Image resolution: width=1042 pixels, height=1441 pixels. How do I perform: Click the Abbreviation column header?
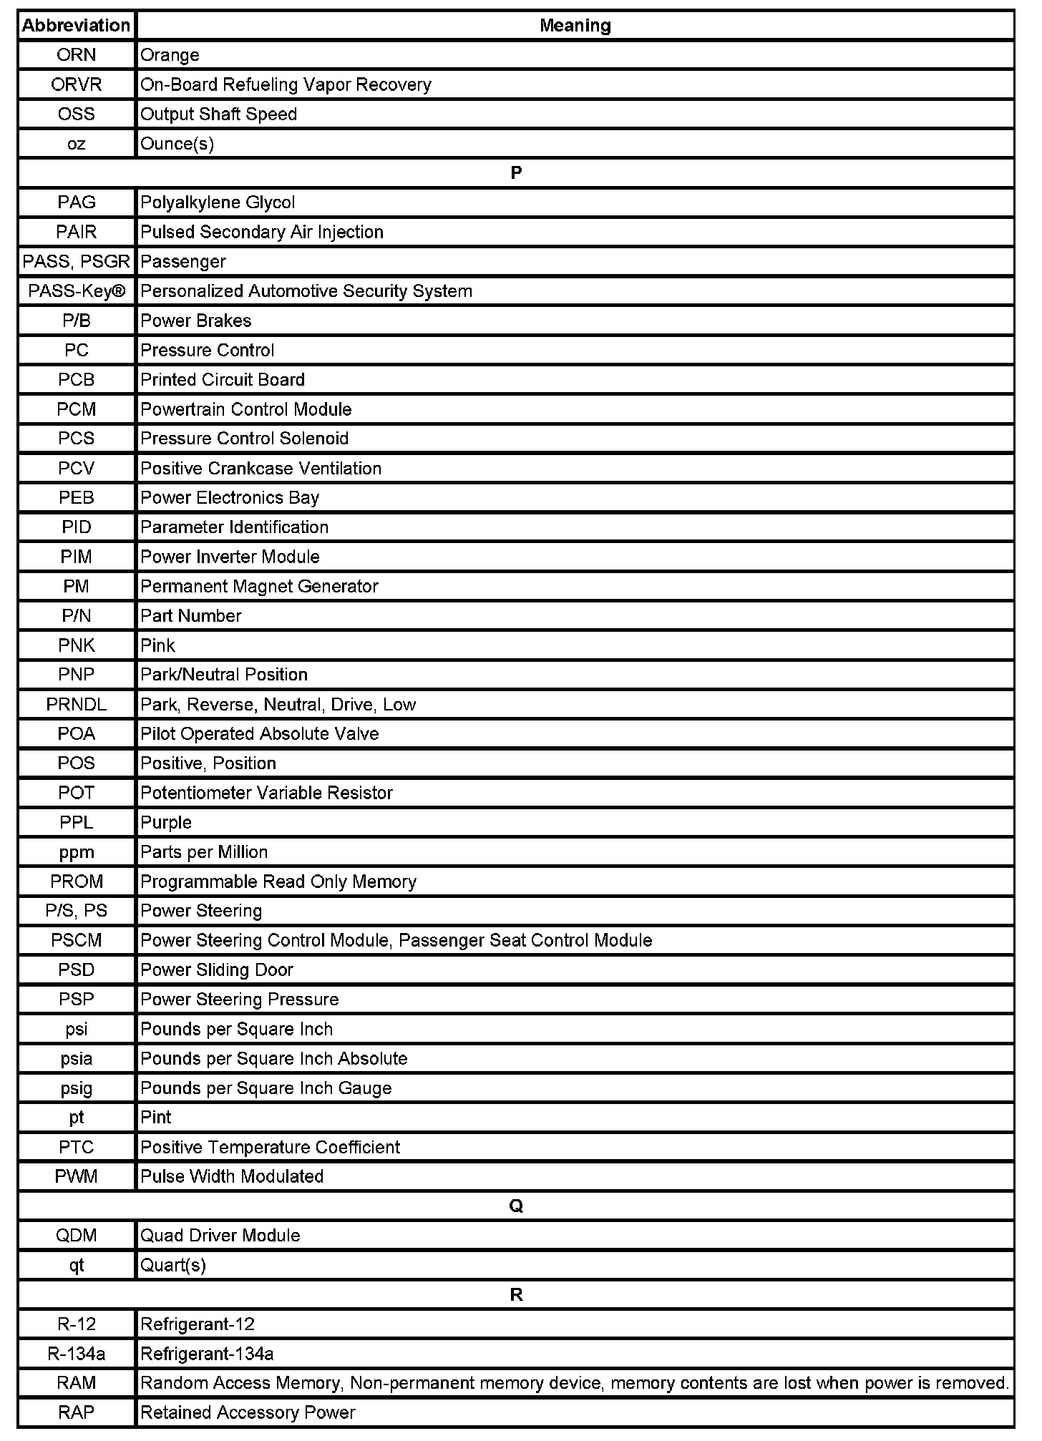click(x=76, y=26)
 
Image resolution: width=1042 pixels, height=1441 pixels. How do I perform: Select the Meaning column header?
click(x=575, y=26)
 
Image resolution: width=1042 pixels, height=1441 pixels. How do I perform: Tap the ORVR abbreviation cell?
click(x=76, y=84)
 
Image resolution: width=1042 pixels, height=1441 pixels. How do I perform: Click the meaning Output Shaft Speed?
click(x=218, y=114)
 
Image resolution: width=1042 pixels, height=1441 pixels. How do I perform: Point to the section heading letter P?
click(x=516, y=173)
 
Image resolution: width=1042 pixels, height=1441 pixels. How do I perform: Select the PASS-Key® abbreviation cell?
click(x=76, y=291)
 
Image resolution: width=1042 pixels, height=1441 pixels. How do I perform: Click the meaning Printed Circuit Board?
click(x=223, y=380)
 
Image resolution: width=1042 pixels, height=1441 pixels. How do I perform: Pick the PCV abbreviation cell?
click(x=76, y=468)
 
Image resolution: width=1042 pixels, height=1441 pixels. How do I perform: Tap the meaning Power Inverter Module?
click(x=230, y=557)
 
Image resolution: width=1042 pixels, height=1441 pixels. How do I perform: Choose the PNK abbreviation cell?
click(x=76, y=645)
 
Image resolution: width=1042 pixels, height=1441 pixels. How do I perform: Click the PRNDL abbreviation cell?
click(x=76, y=705)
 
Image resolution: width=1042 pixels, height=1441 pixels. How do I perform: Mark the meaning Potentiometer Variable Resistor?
click(x=266, y=793)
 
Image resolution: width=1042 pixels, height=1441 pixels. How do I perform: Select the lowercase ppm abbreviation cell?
click(x=76, y=852)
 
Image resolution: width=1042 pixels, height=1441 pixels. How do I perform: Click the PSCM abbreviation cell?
click(x=76, y=940)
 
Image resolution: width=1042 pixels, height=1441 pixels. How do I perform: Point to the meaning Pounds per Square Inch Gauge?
click(x=266, y=1088)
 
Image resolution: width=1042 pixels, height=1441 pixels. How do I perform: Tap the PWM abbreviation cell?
click(x=76, y=1176)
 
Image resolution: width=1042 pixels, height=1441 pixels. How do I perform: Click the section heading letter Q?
click(x=516, y=1206)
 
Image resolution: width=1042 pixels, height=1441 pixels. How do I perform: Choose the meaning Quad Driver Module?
click(x=220, y=1236)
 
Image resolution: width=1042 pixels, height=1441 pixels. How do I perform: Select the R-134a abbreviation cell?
click(x=76, y=1354)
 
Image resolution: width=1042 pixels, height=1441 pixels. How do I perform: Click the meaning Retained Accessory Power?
click(x=248, y=1412)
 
